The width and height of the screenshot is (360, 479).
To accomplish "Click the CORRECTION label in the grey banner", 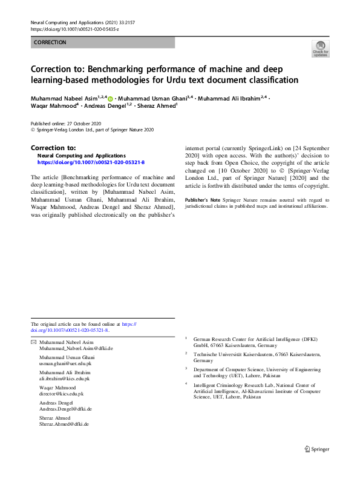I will pos(50,42).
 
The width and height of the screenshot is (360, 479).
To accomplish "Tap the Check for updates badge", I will pos(320,50).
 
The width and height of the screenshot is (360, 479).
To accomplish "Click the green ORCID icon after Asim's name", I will pos(110,98).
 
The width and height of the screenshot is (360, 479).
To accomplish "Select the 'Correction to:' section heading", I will pos(53,147).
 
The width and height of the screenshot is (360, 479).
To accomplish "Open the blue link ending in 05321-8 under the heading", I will pos(91,162).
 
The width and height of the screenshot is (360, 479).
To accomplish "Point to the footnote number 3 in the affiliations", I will pos(186,367).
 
